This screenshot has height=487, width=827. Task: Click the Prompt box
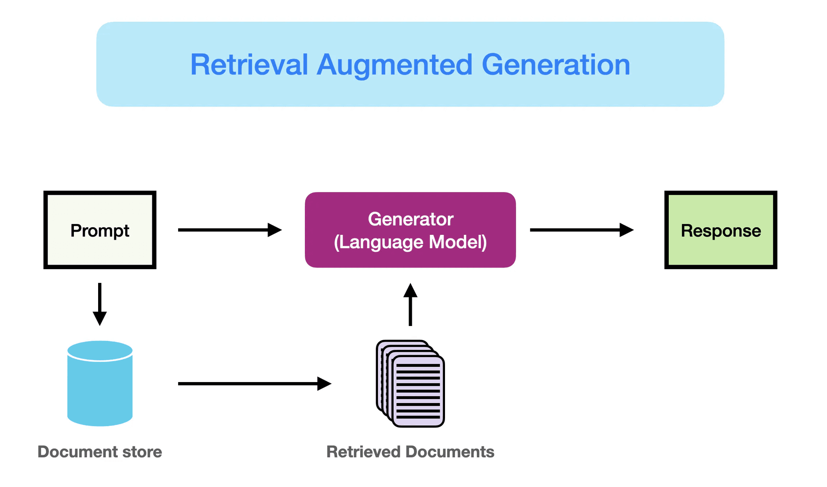click(x=100, y=230)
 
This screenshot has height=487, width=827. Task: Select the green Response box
click(x=720, y=230)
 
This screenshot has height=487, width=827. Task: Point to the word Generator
click(x=410, y=219)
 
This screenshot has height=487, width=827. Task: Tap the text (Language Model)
click(x=410, y=242)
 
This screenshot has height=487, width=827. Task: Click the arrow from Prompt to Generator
click(x=229, y=230)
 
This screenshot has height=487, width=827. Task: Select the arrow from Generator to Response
click(x=581, y=230)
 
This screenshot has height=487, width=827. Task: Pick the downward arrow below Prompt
click(x=100, y=304)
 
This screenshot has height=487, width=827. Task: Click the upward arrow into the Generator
click(x=410, y=305)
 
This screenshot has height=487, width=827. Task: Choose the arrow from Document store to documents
click(x=254, y=383)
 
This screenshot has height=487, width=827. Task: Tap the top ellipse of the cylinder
click(x=100, y=350)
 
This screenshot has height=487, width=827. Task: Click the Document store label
click(x=100, y=451)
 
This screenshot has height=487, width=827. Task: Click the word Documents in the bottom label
click(x=450, y=451)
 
